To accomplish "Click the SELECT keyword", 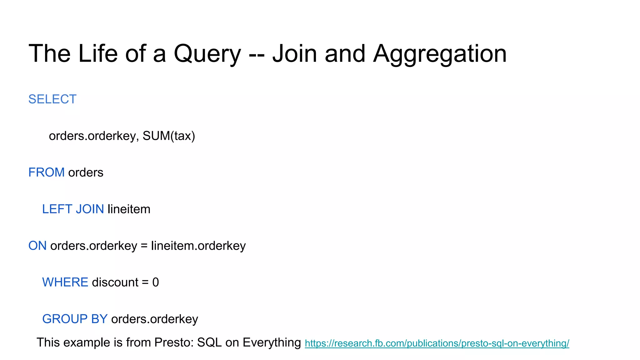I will (x=52, y=99).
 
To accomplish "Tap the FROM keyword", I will (x=46, y=172).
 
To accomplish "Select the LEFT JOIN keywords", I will (x=73, y=209).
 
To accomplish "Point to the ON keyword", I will (x=37, y=246).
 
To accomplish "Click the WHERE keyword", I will (x=65, y=282).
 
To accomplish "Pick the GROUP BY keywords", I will (x=75, y=319).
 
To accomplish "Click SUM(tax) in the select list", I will (x=169, y=136).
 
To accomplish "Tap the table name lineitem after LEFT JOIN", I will (x=129, y=209).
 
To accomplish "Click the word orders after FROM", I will (x=86, y=172).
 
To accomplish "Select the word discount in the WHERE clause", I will (x=115, y=282).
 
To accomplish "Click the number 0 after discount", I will (x=155, y=282).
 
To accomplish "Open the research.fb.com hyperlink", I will (x=437, y=343).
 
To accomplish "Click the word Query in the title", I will (x=207, y=54).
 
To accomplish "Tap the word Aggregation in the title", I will (x=440, y=54).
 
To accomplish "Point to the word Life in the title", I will (x=98, y=54).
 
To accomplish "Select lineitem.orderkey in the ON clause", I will (x=198, y=246).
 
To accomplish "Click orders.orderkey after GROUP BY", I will (x=155, y=319).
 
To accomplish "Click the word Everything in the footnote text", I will (x=272, y=342).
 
